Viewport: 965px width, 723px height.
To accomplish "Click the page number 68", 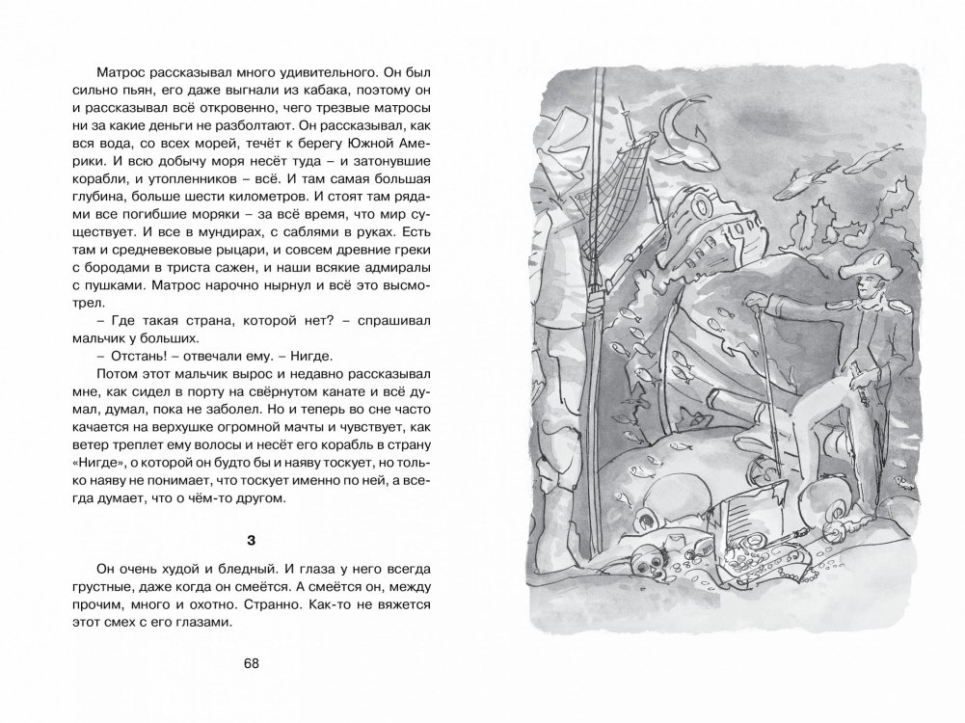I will click(253, 663).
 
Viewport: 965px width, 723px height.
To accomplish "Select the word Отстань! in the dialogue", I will click(124, 357).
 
